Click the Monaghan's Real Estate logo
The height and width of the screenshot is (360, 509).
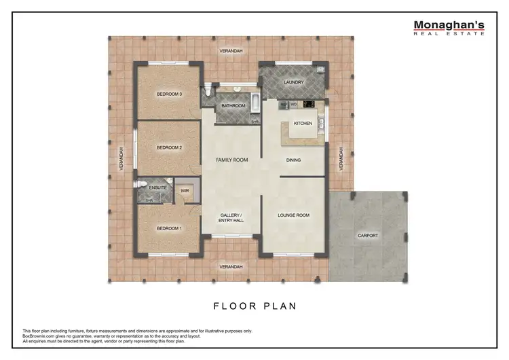click(x=449, y=28)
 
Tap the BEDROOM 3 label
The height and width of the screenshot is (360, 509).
click(x=169, y=94)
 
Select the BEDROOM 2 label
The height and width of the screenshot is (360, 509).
click(x=169, y=147)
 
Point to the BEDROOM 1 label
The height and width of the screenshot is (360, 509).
click(x=169, y=228)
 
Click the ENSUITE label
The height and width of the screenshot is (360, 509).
click(x=158, y=187)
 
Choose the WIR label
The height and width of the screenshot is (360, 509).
click(x=185, y=192)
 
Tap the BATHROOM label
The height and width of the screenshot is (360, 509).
click(x=233, y=106)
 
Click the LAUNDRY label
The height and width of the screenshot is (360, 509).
click(x=293, y=83)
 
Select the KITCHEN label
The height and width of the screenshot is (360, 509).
click(x=303, y=123)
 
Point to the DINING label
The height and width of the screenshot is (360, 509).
click(x=293, y=160)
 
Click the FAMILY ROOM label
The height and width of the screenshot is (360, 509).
click(x=231, y=160)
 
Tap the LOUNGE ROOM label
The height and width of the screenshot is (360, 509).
click(x=293, y=215)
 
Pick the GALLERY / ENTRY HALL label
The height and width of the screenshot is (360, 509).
click(x=231, y=218)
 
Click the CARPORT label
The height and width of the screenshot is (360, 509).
click(x=368, y=236)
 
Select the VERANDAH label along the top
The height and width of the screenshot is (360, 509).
click(x=231, y=52)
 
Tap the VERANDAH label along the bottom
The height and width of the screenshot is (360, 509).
click(x=231, y=267)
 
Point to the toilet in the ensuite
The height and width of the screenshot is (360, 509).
click(x=139, y=184)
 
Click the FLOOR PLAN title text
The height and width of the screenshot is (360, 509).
click(x=254, y=306)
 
